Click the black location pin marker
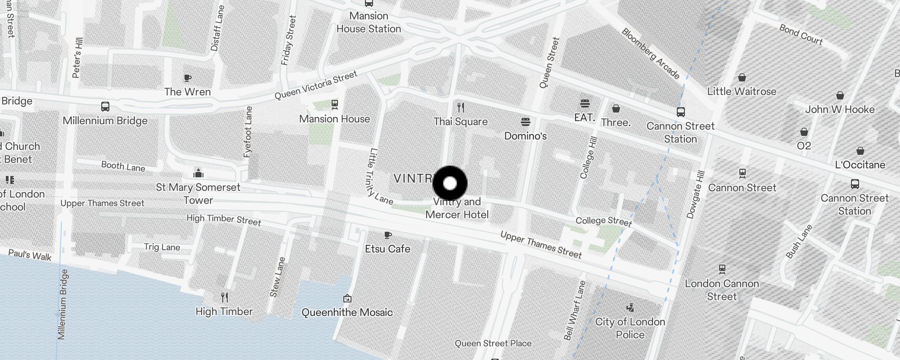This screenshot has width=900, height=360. [450, 183]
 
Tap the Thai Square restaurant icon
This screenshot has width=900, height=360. [460, 108]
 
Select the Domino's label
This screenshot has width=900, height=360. [525, 136]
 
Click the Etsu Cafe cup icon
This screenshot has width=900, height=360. [387, 235]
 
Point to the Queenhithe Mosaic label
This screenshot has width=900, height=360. [347, 312]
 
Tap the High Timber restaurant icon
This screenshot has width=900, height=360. [225, 297]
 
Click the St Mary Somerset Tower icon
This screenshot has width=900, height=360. [198, 173]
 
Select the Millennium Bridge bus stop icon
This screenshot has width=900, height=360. [105, 107]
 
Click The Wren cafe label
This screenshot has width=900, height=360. [187, 92]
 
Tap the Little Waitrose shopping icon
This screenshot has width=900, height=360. [742, 78]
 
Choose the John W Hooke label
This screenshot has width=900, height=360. [840, 109]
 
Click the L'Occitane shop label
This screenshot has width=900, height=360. [860, 165]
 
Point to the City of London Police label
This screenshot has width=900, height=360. [630, 328]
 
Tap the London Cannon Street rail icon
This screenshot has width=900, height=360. [722, 269]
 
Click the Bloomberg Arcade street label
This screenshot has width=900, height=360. [650, 54]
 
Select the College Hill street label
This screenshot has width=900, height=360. [589, 157]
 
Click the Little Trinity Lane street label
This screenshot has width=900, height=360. [378, 175]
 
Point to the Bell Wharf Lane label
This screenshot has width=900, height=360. [575, 310]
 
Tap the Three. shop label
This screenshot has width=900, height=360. [616, 122]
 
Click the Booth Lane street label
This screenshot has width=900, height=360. [123, 166]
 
